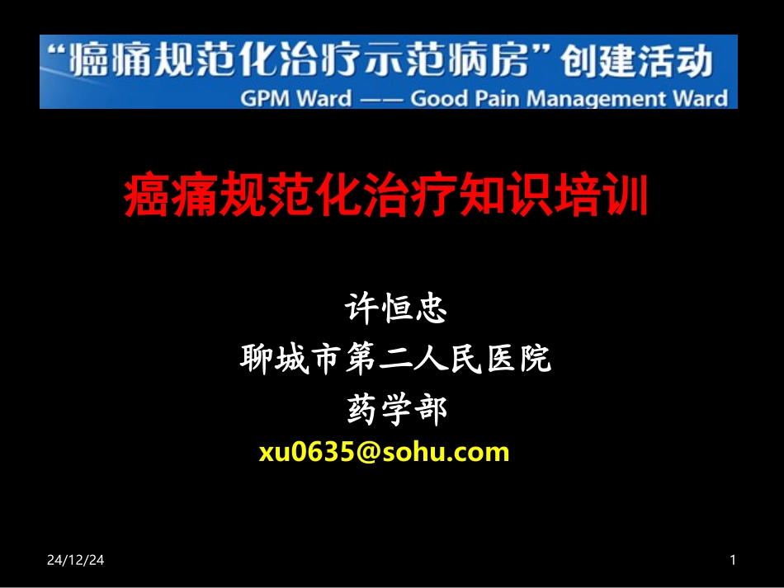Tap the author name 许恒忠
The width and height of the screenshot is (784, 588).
pyautogui.click(x=394, y=309)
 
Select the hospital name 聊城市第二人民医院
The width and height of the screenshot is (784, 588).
pyautogui.click(x=394, y=360)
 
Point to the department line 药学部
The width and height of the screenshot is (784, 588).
pyautogui.click(x=394, y=410)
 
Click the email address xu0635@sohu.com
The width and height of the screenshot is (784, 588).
pyautogui.click(x=384, y=452)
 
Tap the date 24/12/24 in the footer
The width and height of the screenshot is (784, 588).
pyautogui.click(x=75, y=561)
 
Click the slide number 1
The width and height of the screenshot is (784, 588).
pyautogui.click(x=732, y=561)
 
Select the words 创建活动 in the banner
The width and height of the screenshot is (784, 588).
pyautogui.click(x=635, y=61)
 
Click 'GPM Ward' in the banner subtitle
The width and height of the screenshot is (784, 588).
pyautogui.click(x=296, y=99)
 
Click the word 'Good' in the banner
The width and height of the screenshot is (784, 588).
pyautogui.click(x=440, y=99)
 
